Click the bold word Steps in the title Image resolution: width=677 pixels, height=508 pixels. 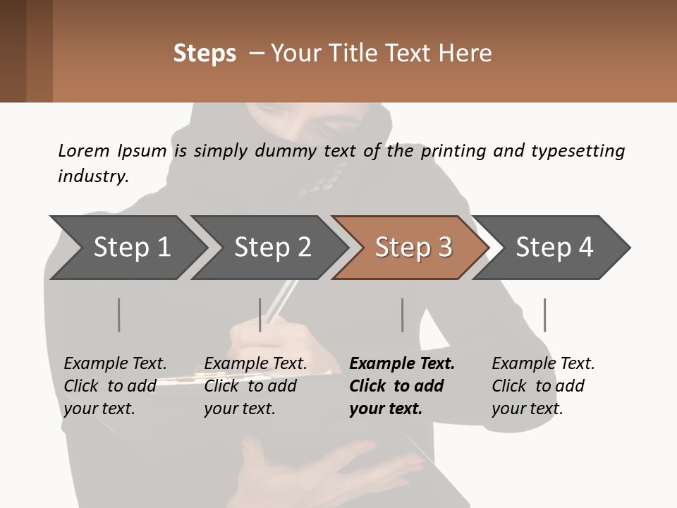pyautogui.click(x=205, y=54)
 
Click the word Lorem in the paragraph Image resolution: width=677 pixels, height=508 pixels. pyautogui.click(x=84, y=151)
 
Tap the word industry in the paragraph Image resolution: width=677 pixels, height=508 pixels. pyautogui.click(x=92, y=176)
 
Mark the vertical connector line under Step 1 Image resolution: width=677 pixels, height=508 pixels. pyautogui.click(x=119, y=315)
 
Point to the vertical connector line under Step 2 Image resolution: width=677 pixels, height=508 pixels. pyautogui.click(x=260, y=315)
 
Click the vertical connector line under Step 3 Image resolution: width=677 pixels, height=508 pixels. pyautogui.click(x=403, y=315)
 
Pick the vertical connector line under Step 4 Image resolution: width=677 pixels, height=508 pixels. pyautogui.click(x=544, y=315)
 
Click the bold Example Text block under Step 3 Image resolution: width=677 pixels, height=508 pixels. pyautogui.click(x=402, y=386)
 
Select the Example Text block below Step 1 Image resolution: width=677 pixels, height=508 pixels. pyautogui.click(x=115, y=386)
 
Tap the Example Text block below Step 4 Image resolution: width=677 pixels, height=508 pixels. pyautogui.click(x=543, y=386)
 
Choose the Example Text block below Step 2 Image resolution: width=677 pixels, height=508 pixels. pyautogui.click(x=255, y=386)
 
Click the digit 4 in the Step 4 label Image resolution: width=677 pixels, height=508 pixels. pyautogui.click(x=585, y=248)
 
